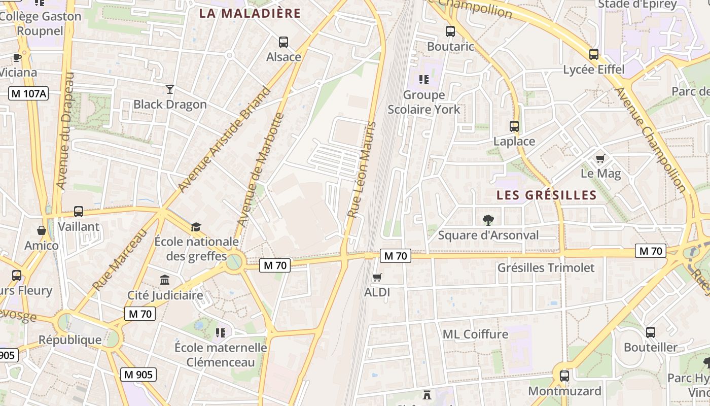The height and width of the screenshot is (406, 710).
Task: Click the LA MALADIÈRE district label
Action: [x=250, y=13]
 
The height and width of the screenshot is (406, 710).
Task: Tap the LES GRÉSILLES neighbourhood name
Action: [x=546, y=195]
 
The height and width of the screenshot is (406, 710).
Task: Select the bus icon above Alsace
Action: [x=283, y=42]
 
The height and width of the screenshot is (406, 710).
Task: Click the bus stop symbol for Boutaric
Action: [x=450, y=31]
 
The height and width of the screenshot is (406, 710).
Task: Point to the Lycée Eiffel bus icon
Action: [x=594, y=54]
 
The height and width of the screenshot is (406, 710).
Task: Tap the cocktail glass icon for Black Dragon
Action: [x=170, y=89]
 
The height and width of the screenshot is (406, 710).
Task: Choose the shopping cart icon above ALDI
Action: [x=377, y=277]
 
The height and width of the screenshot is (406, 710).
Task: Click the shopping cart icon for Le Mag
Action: [x=600, y=158]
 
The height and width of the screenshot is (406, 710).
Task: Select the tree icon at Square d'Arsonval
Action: [x=488, y=220]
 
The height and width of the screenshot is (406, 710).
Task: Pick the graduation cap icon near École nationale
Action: [x=196, y=226]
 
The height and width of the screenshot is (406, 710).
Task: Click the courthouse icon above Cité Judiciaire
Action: [x=165, y=280]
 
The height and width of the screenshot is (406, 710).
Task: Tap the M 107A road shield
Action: [x=28, y=93]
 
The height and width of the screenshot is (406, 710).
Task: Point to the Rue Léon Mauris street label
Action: [x=362, y=170]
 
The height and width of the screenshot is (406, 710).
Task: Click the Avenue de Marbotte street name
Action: [x=261, y=170]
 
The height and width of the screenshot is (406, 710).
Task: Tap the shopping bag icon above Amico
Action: [x=42, y=231]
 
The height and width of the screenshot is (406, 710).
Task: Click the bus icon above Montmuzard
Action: [x=564, y=376]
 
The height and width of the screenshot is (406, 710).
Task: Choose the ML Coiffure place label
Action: [x=475, y=334]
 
